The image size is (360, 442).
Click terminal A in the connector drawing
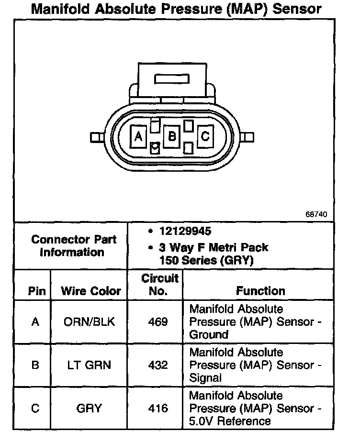coord(138,137)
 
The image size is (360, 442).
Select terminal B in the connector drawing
coord(171,137)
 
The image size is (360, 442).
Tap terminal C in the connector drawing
coord(205,137)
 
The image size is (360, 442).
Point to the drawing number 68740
coord(316,214)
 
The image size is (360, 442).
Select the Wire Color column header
coord(91,291)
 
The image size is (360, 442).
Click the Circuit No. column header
coord(159,284)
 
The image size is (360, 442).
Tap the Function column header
coord(260,291)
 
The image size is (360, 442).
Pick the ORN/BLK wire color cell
coord(89,321)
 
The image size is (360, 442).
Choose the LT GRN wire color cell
coord(89,365)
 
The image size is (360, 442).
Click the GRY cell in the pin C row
coord(89,408)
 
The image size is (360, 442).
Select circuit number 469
coord(158,321)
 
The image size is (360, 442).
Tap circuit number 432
coord(158,365)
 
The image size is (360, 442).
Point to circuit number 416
coord(158,408)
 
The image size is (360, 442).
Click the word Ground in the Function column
coord(209,335)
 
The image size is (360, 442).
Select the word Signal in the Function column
coord(206,378)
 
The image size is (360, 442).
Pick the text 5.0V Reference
coord(230,421)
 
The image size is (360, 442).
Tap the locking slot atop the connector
coord(172,79)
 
